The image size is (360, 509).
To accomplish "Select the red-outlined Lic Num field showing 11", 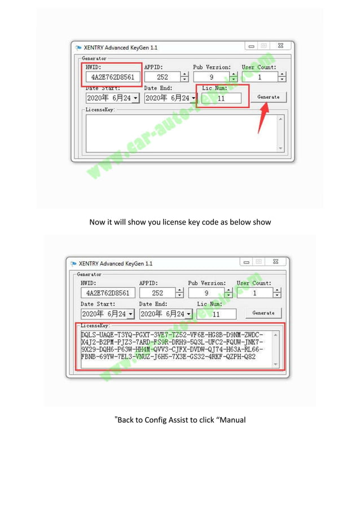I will [x=221, y=98].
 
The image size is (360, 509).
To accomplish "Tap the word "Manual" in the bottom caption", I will [x=231, y=420].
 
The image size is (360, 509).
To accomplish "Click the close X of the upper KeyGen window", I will [x=280, y=46].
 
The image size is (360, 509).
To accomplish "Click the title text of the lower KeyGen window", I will [x=116, y=264].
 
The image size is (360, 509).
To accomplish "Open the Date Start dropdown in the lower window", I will [x=130, y=314].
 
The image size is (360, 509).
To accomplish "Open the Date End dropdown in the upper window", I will [x=193, y=98].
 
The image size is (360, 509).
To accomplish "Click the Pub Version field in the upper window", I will [x=211, y=77].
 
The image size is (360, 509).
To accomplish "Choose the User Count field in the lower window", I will [x=254, y=293].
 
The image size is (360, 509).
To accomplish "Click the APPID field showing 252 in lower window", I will [x=157, y=293].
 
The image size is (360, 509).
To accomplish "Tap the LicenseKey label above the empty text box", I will [x=100, y=110].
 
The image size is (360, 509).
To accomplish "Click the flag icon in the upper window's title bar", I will [x=78, y=48].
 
